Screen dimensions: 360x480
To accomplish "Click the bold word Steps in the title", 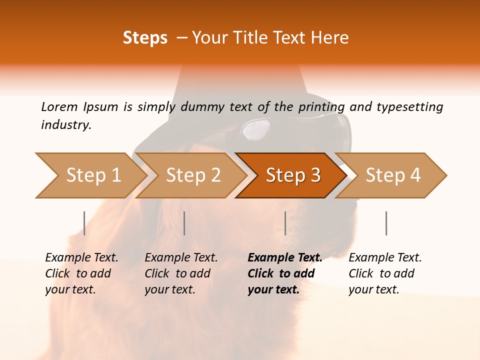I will click(145, 37).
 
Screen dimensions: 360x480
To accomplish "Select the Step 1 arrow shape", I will click(90, 175).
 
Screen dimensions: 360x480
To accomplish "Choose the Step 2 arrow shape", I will click(192, 175).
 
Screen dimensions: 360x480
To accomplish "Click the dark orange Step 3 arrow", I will click(292, 175).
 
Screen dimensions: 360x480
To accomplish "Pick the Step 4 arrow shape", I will click(392, 175).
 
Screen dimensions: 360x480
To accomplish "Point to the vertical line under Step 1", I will click(84, 223).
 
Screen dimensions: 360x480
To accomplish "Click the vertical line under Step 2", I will click(184, 223).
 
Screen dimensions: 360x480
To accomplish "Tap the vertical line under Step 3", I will click(285, 223).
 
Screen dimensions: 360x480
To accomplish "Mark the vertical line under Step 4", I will click(386, 223).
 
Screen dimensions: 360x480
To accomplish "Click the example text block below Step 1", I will click(81, 273).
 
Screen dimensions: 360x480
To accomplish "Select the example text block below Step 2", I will click(181, 273).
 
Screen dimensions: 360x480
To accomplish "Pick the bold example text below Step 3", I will click(284, 273).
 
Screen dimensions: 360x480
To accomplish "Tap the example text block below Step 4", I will click(385, 273).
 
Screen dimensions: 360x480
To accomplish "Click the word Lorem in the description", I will click(59, 106).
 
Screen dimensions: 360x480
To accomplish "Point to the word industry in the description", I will click(66, 125).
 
